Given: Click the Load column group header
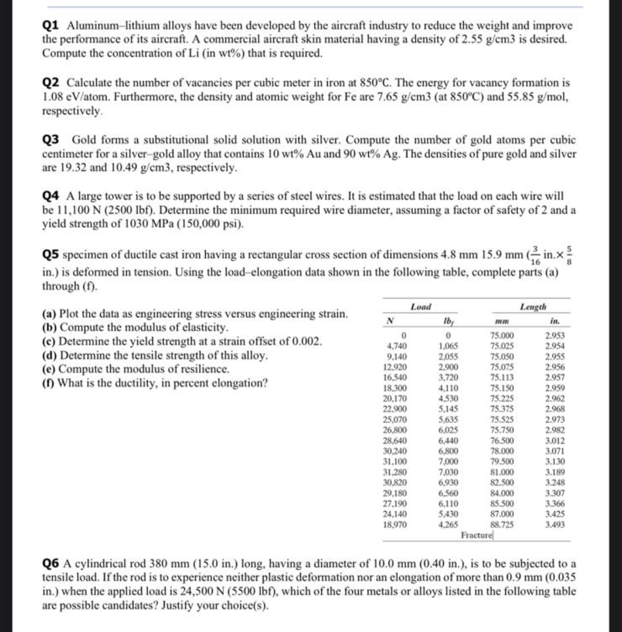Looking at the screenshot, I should [x=420, y=307].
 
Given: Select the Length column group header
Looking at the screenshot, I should [x=533, y=307].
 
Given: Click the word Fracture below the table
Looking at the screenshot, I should [x=476, y=535].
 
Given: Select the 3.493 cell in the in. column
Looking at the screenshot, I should [x=555, y=524].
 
